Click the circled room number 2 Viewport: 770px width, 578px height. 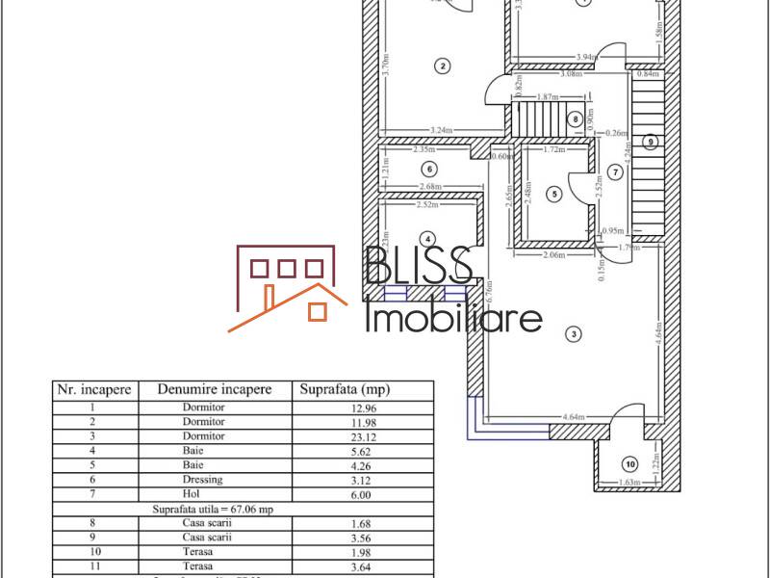[x=442, y=66]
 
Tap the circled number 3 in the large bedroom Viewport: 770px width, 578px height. [x=574, y=334]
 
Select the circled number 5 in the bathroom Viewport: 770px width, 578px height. [x=553, y=194]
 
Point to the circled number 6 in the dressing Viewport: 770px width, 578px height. [x=428, y=169]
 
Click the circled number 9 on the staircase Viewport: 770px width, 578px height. [x=651, y=142]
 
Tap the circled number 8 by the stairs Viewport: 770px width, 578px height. [x=576, y=119]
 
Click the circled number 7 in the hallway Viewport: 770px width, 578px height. [x=615, y=171]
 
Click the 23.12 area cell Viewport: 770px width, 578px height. [x=346, y=435]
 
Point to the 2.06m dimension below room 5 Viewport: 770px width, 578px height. [x=552, y=255]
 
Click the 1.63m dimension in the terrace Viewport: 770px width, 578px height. [x=627, y=483]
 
